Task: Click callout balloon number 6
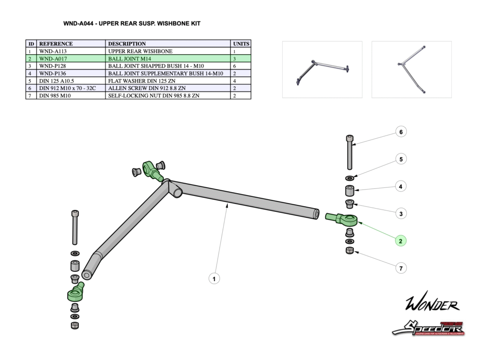click(401, 132)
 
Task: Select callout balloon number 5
click(401, 159)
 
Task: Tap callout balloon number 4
click(401, 187)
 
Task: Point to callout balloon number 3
click(401, 214)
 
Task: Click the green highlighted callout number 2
click(401, 241)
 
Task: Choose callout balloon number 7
click(401, 268)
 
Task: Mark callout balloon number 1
click(214, 279)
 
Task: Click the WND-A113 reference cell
click(54, 51)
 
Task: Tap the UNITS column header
click(241, 44)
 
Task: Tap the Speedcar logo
click(428, 328)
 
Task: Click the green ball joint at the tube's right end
click(343, 219)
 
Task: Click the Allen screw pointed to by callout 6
click(350, 152)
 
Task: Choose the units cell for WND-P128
click(241, 66)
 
